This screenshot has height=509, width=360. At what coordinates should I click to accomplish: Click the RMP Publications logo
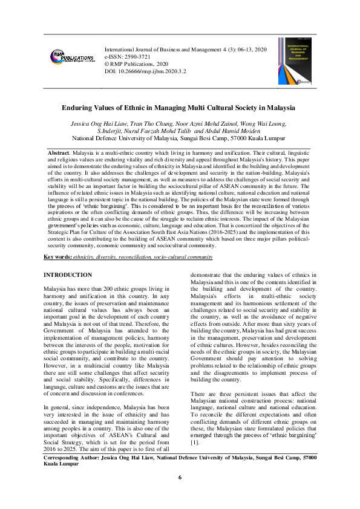coord(73,57)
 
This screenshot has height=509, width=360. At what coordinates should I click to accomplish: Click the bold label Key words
coord(58,257)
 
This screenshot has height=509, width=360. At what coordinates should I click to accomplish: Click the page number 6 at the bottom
coord(180,478)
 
